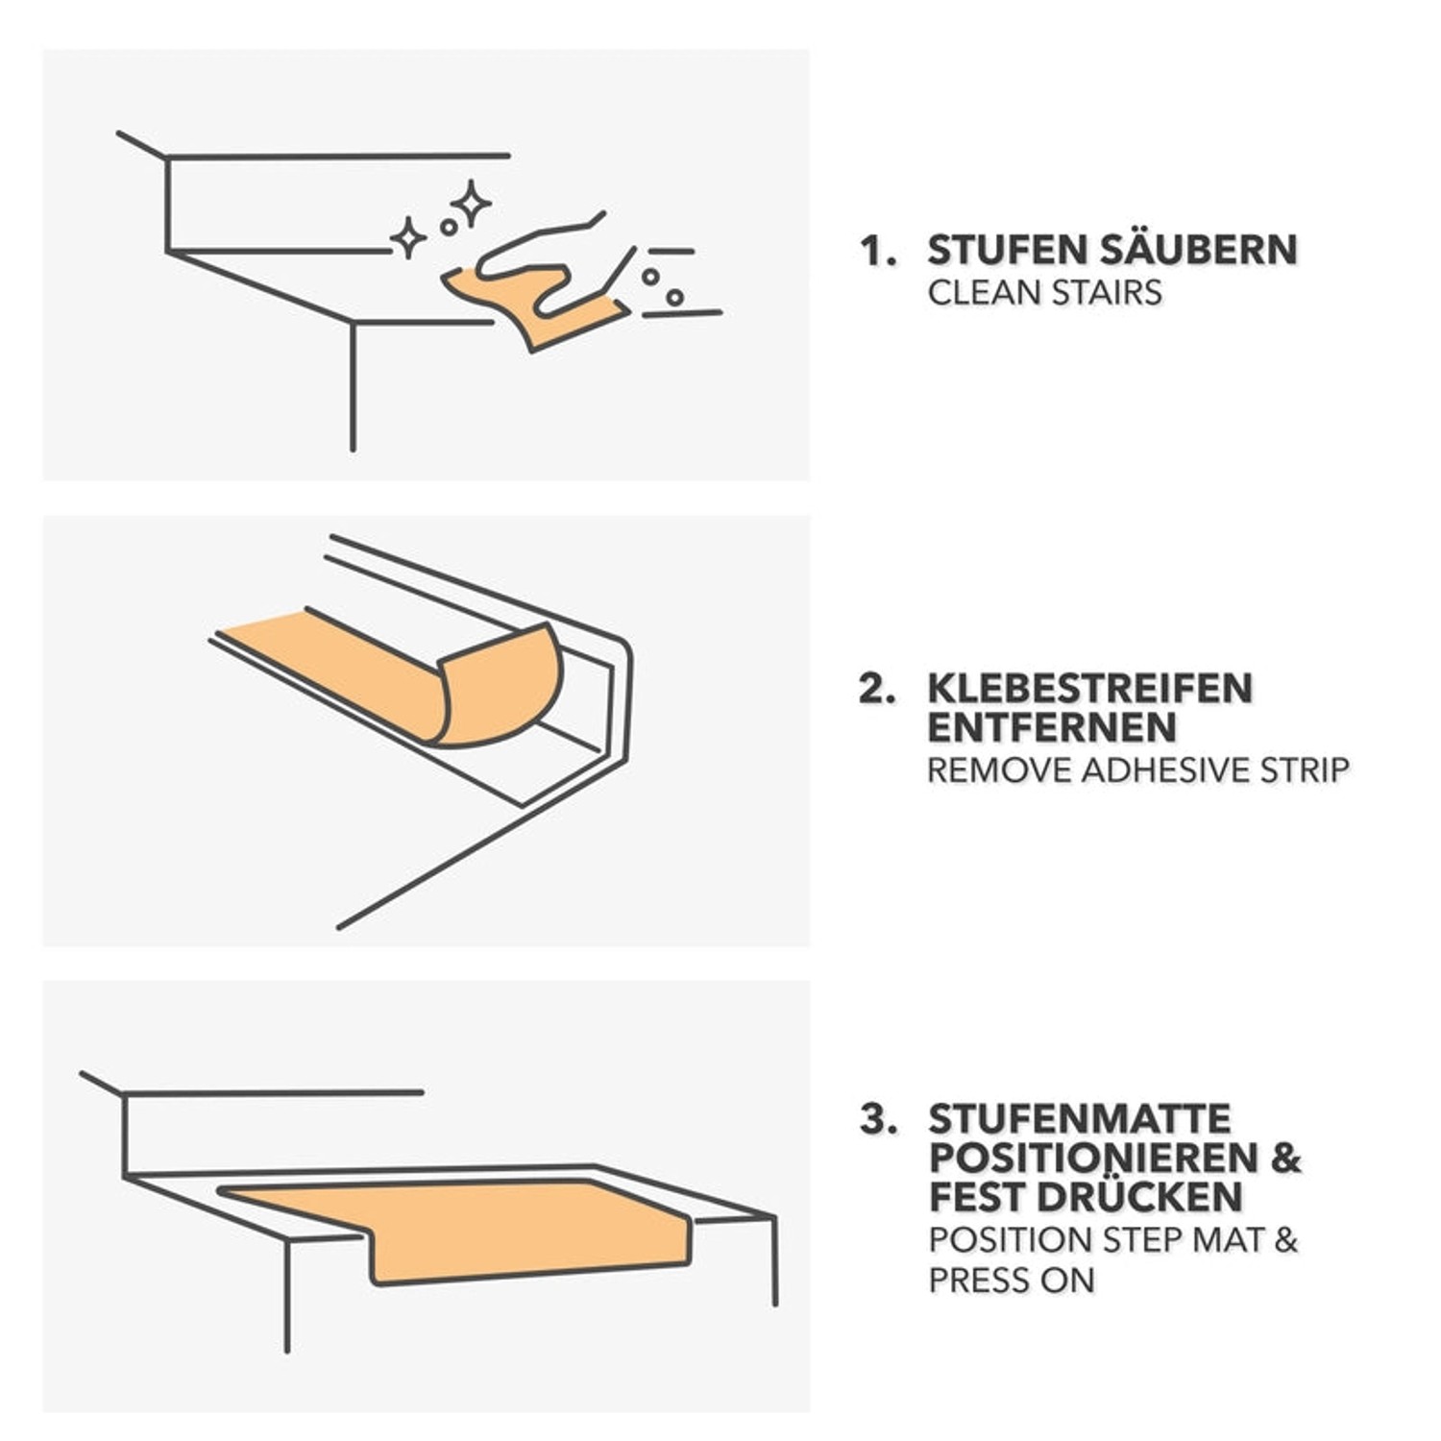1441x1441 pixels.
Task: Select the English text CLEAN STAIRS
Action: (x=1044, y=292)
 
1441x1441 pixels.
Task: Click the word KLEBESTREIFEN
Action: (x=1089, y=689)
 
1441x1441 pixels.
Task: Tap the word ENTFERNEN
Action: (x=1051, y=728)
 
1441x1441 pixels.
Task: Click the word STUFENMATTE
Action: (x=1079, y=1119)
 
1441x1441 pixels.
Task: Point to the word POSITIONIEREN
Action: (x=1092, y=1159)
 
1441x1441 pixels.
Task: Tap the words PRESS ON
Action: (x=1011, y=1281)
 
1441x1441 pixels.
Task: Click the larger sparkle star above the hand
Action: (x=472, y=203)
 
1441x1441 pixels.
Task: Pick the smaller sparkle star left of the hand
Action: (x=407, y=237)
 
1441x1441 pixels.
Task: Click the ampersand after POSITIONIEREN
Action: (x=1285, y=1159)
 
